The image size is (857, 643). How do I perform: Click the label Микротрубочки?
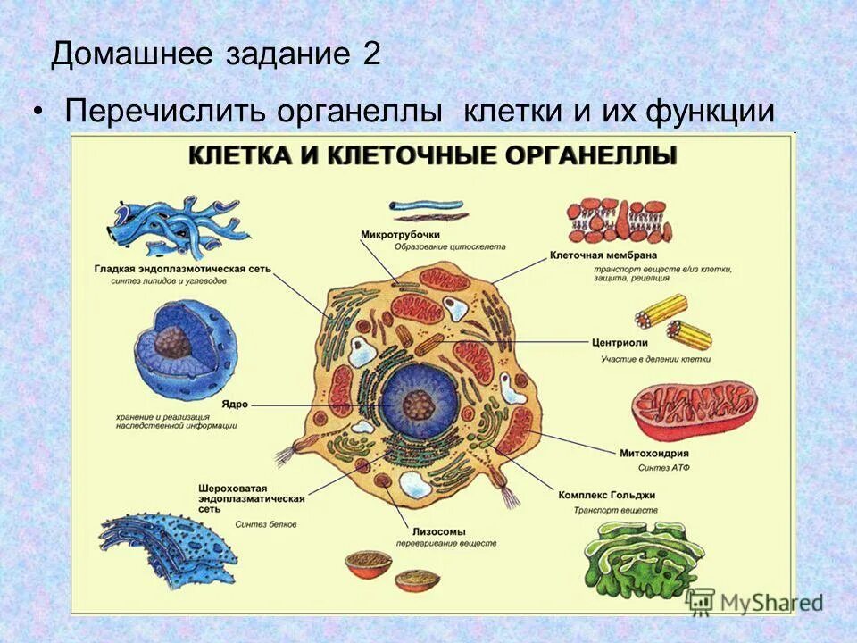pyautogui.click(x=401, y=234)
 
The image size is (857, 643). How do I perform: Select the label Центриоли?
pyautogui.click(x=620, y=342)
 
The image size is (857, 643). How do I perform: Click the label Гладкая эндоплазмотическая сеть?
pyautogui.click(x=183, y=269)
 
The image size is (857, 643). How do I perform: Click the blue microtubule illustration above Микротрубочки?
pyautogui.click(x=428, y=208)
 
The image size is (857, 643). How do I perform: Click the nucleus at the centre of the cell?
pyautogui.click(x=417, y=404)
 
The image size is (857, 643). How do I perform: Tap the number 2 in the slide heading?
pyautogui.click(x=371, y=54)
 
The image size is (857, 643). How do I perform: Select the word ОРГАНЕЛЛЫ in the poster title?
pyautogui.click(x=595, y=156)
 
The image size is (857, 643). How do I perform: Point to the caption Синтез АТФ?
pyautogui.click(x=663, y=468)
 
